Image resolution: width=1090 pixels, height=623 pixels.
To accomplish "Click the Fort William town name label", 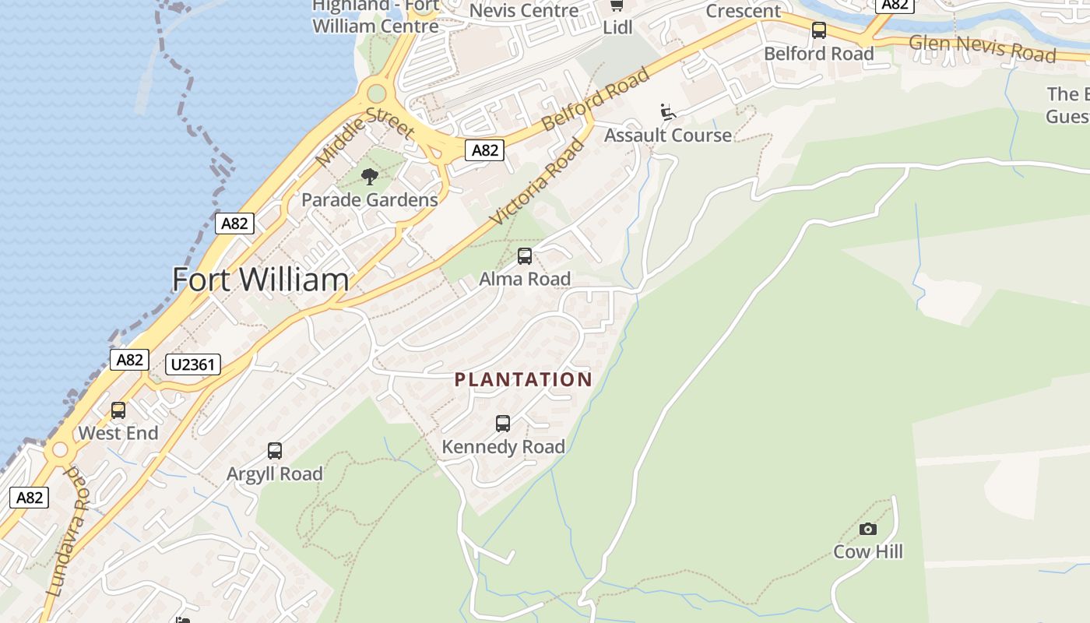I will pos(260,280).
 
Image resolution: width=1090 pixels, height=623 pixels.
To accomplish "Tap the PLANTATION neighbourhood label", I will pos(523,379).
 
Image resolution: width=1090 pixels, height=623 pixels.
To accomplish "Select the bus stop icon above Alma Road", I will pos(525,256).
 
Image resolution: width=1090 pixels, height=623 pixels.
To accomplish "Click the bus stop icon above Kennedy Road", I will pos(503,424).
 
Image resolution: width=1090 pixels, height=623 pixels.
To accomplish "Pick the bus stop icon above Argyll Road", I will pos(275,451).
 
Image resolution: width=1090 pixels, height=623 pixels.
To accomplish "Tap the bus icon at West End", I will pos(118,410).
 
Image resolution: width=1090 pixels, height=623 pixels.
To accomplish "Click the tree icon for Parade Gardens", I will pos(370,177).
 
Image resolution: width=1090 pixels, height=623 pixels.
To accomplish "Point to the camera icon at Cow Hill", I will pos(867,530).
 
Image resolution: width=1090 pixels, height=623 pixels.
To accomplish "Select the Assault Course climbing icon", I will pos(667,112).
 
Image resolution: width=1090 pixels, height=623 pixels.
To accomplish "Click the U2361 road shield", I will pos(193,364).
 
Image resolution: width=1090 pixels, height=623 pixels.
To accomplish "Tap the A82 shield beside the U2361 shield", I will pos(129,360).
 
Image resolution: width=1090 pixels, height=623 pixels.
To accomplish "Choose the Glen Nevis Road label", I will pos(983,48).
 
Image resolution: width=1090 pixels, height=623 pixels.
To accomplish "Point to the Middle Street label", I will pos(364,136).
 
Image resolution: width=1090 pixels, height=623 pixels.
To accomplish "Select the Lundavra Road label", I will pos(67,533).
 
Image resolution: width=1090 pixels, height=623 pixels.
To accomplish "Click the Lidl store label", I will pos(617,27).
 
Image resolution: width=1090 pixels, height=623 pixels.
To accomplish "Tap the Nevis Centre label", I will pos(524,11).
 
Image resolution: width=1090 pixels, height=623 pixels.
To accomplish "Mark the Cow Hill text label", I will pos(868,551).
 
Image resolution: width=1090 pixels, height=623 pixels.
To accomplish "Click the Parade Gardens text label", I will pos(370,200).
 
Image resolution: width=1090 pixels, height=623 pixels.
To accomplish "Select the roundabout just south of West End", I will pos(60,451).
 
